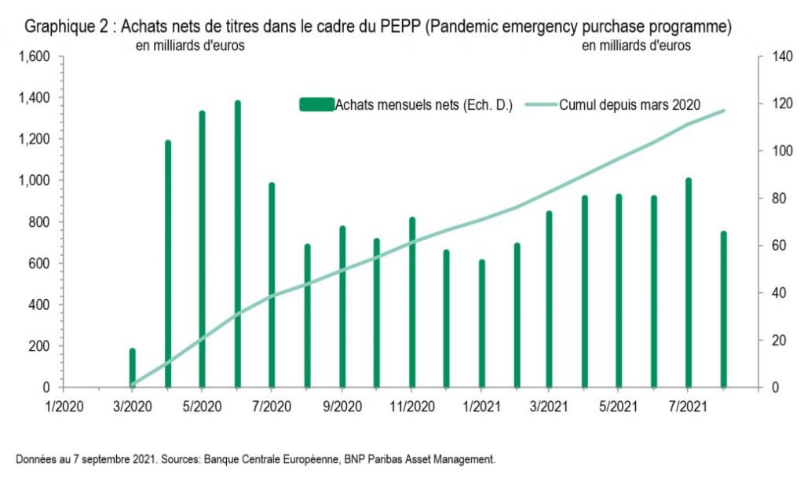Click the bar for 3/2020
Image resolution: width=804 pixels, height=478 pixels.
click(133, 367)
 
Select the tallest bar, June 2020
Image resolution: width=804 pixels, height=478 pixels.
click(237, 243)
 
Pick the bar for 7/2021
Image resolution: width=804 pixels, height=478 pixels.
click(689, 283)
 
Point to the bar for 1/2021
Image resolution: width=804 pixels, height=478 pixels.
click(482, 323)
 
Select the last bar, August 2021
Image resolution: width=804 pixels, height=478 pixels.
click(723, 309)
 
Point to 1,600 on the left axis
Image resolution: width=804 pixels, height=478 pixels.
click(35, 57)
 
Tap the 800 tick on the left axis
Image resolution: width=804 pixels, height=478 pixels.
click(40, 222)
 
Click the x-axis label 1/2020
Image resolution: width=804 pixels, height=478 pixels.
click(64, 407)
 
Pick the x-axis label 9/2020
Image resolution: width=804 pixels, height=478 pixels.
click(342, 407)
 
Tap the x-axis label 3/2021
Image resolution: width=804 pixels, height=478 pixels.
click(550, 407)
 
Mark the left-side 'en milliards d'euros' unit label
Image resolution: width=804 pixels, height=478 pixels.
click(191, 46)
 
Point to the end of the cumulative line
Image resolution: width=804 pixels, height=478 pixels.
click(724, 111)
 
